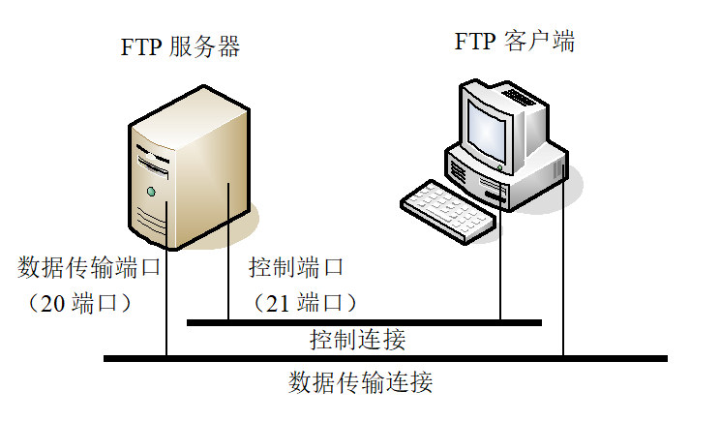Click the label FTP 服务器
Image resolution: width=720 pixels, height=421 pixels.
180,47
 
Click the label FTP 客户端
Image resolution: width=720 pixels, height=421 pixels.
515,42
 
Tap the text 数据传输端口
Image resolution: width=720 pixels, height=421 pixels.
89,266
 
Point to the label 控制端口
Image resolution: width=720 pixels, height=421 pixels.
295,266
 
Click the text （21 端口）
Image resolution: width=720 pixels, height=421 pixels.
304,303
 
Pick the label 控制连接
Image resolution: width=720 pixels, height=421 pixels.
357,340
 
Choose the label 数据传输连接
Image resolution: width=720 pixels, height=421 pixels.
360,381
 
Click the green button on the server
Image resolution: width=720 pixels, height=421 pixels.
151,193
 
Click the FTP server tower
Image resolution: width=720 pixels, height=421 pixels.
194,169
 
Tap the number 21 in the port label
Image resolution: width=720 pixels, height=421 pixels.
279,303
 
